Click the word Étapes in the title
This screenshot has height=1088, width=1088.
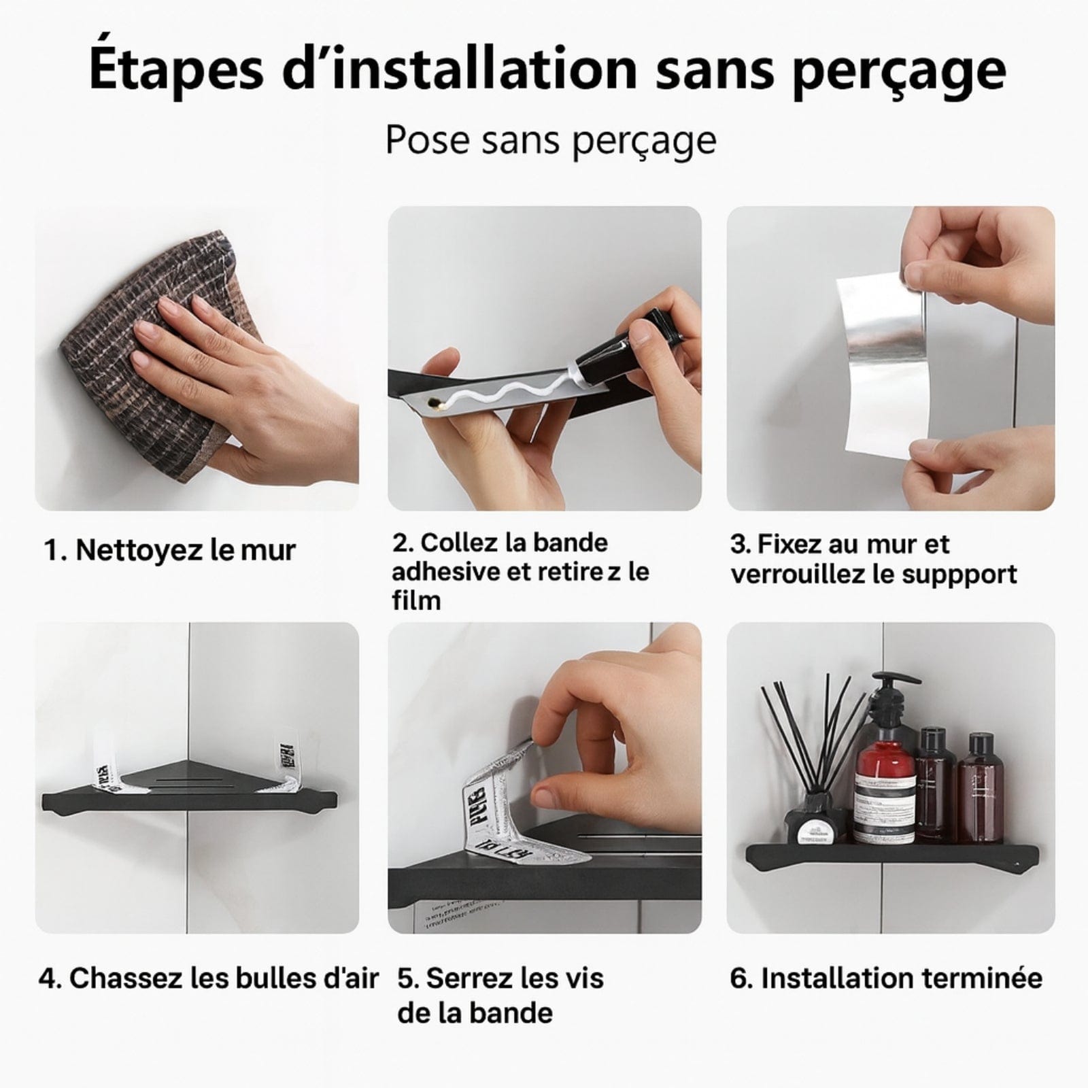[x=175, y=69]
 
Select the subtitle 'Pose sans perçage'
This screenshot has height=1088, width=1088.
[x=551, y=140]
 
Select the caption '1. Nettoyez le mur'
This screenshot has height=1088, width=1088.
[x=170, y=549]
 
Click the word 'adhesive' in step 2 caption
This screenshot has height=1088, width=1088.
[x=445, y=572]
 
